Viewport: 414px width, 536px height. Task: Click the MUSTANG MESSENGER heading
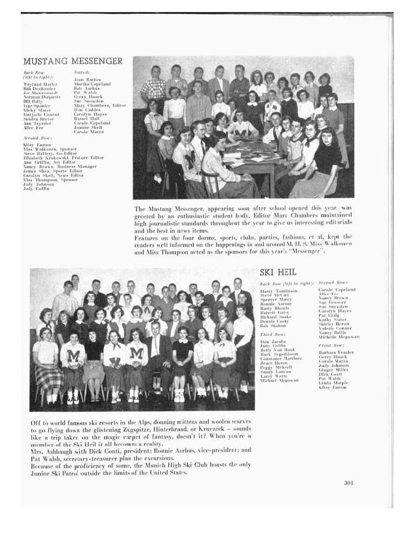click(x=72, y=61)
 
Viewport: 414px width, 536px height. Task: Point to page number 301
click(x=348, y=482)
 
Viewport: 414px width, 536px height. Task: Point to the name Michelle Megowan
click(x=339, y=337)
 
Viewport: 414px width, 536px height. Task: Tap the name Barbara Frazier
click(x=336, y=353)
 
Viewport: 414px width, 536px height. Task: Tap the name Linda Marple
click(x=333, y=383)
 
